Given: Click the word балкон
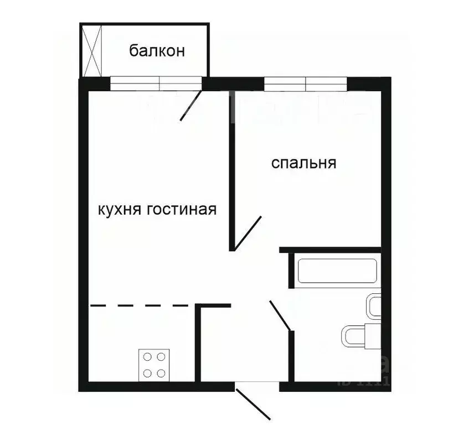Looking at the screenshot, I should (x=157, y=51).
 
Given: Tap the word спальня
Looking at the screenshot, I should (x=304, y=163).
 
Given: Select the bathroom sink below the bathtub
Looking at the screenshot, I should (x=374, y=307).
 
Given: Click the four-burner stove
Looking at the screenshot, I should (x=154, y=364).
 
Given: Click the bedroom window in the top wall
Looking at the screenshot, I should (x=306, y=84).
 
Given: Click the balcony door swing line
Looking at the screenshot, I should (x=191, y=106).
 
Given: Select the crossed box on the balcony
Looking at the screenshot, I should (x=92, y=51).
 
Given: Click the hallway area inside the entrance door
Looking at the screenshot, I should (x=244, y=349).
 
